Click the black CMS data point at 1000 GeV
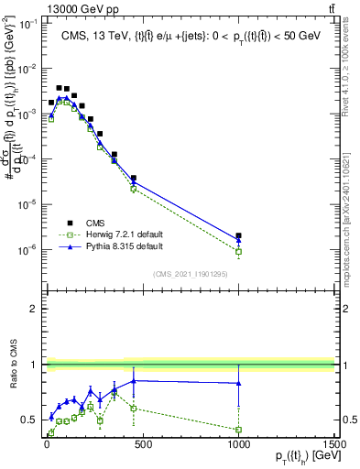(238, 235)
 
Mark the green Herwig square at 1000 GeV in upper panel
(238, 251)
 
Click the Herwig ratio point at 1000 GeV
(238, 429)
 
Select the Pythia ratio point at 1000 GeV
(238, 383)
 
